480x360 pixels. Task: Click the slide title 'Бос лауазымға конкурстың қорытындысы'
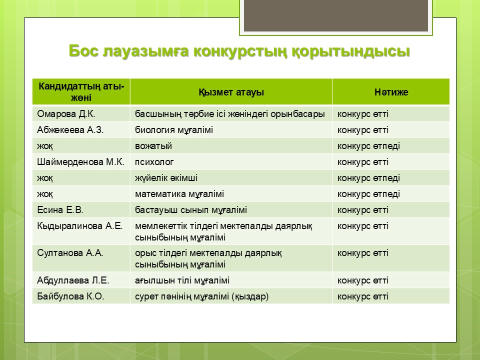(x=239, y=51)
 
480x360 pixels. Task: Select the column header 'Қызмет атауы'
(x=231, y=92)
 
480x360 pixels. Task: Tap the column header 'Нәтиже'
(x=391, y=92)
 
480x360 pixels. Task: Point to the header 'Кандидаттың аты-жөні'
(x=81, y=92)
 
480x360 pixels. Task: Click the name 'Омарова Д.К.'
(x=66, y=114)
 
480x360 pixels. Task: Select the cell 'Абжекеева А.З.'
(x=70, y=130)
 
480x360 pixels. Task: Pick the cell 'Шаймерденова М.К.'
(x=80, y=161)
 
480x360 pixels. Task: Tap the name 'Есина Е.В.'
(x=60, y=209)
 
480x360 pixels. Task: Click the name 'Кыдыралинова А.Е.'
(x=80, y=226)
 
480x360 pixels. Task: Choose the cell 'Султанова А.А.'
(x=70, y=253)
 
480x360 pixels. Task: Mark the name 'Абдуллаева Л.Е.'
(x=73, y=280)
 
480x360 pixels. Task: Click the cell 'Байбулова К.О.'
(x=70, y=296)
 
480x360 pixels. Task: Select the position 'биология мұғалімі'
(x=174, y=130)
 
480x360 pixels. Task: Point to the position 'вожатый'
(x=153, y=146)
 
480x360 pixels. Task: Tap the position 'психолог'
(x=154, y=162)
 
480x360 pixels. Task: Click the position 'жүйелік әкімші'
(x=166, y=178)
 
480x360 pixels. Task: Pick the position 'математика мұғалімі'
(x=179, y=194)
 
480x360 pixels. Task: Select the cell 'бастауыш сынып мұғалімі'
(x=191, y=210)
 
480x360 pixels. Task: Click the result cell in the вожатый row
(x=368, y=146)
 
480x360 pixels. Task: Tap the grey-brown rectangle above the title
(x=336, y=15)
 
